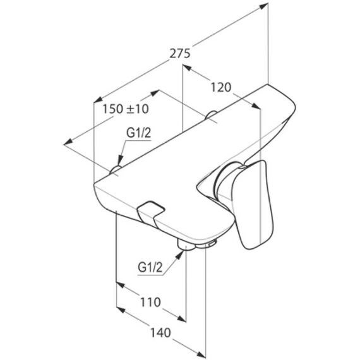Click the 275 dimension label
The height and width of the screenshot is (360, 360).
tap(180, 54)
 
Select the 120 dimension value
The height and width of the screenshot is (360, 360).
tap(221, 88)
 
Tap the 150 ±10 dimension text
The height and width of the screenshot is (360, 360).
tap(126, 109)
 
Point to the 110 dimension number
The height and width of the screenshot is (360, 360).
tap(150, 302)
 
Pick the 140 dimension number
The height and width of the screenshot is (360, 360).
tap(160, 333)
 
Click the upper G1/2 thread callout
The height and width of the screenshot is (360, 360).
tap(139, 133)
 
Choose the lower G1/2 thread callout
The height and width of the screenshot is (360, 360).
tap(150, 268)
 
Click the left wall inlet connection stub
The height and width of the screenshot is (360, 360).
tap(116, 170)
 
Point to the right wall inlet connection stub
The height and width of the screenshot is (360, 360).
tap(211, 115)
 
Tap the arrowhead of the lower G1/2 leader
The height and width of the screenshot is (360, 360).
tap(179, 255)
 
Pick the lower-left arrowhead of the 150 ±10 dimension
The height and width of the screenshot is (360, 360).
tap(68, 142)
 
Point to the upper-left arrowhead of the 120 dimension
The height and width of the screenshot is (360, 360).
tap(187, 68)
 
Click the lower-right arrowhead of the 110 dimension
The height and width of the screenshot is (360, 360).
tap(182, 318)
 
